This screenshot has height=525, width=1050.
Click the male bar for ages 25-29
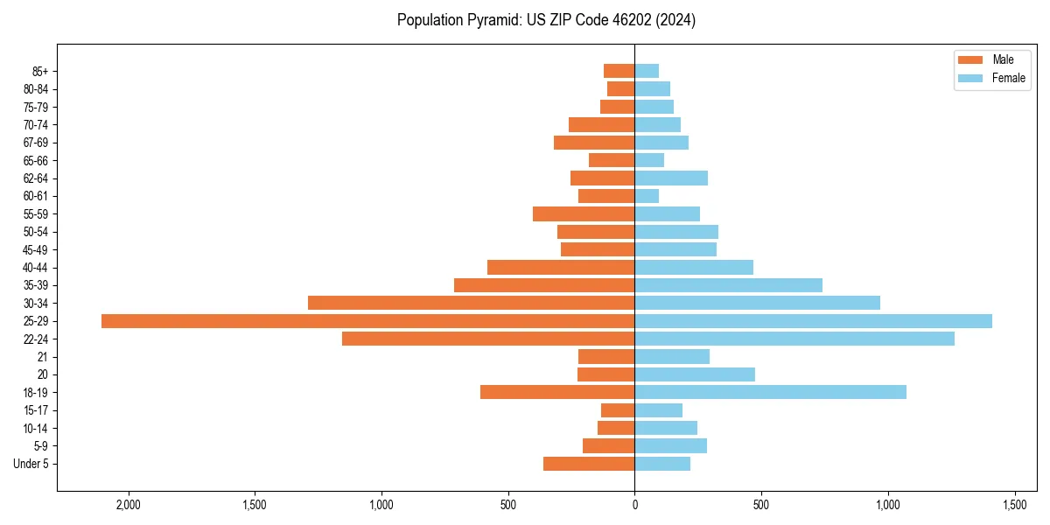(x=367, y=321)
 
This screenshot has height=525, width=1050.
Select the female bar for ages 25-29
(x=814, y=321)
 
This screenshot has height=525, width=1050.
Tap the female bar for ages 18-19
(x=770, y=392)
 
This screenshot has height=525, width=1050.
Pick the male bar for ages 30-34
(x=471, y=303)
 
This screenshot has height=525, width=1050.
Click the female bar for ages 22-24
(x=794, y=339)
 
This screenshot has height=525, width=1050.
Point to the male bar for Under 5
(x=589, y=464)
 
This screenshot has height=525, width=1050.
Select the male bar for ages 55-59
(x=584, y=213)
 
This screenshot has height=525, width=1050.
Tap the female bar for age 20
(x=695, y=374)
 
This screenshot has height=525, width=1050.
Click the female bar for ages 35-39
(x=728, y=285)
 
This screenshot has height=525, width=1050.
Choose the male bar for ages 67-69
(x=594, y=143)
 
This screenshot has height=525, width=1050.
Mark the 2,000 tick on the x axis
(x=129, y=506)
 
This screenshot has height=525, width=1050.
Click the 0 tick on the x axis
(x=634, y=506)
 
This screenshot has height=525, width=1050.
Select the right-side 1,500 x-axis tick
(x=1014, y=506)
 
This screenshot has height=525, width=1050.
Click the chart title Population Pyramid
(x=546, y=20)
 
